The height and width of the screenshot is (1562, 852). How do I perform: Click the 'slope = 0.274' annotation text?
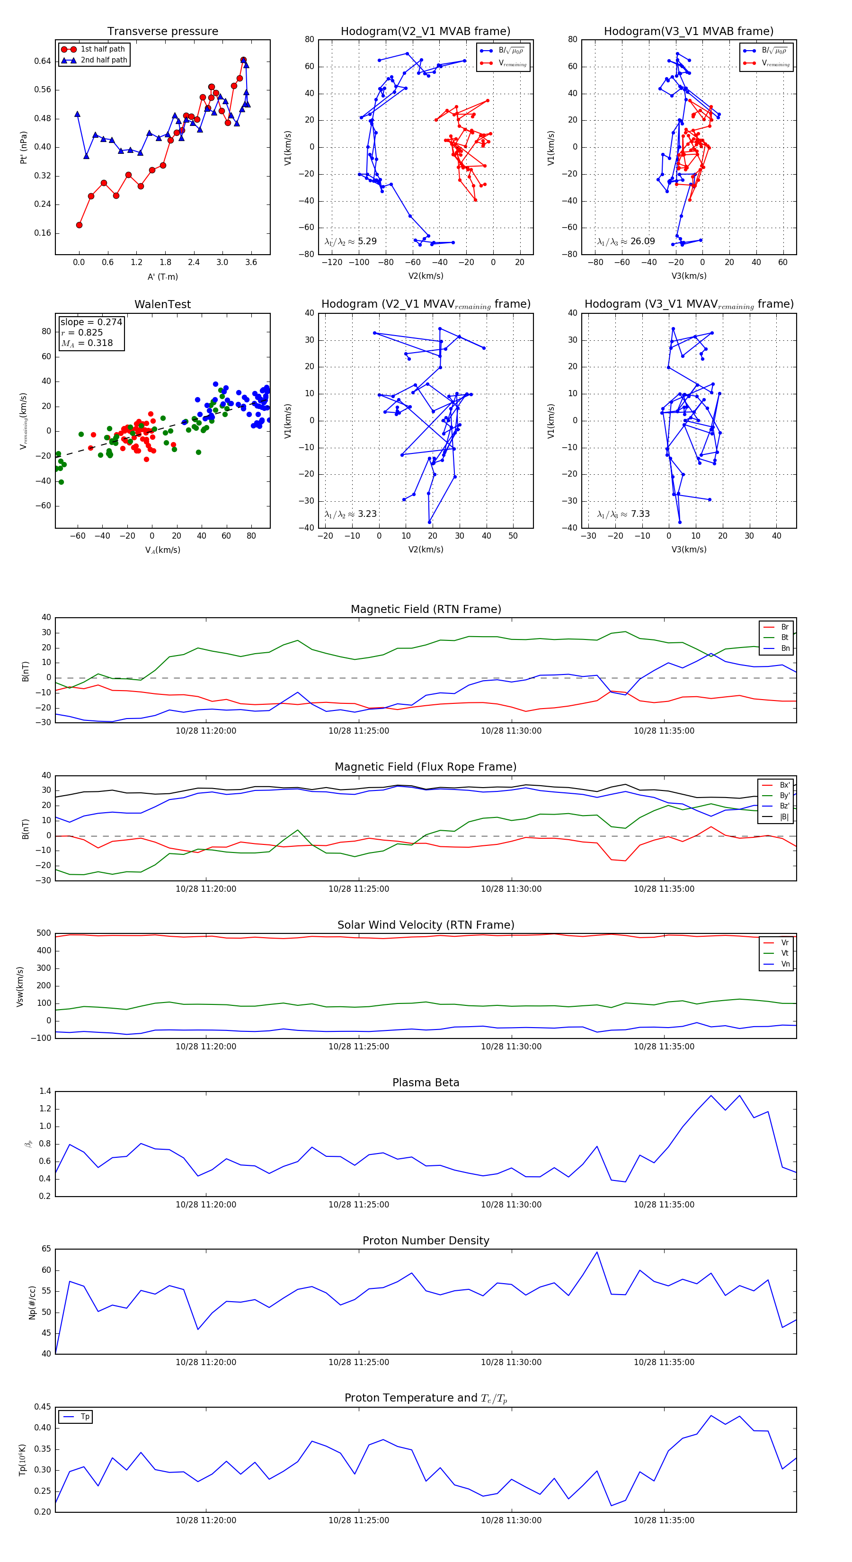(x=91, y=322)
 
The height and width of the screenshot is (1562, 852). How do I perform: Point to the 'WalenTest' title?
(x=162, y=304)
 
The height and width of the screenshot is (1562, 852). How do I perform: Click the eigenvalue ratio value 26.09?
(x=642, y=241)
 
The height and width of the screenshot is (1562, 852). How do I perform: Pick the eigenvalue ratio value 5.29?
(x=367, y=241)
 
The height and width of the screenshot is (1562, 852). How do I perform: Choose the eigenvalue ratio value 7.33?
(x=640, y=514)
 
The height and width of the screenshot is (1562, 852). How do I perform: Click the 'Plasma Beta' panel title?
(x=426, y=1083)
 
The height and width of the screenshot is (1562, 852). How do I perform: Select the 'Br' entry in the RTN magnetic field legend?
(x=785, y=627)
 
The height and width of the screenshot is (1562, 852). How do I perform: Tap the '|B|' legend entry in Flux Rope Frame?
(x=784, y=817)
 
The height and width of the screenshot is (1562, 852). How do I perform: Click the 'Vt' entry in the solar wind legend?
(x=785, y=953)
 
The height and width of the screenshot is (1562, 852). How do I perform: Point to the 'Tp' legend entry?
(x=85, y=1417)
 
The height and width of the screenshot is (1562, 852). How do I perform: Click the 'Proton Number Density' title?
(x=426, y=1240)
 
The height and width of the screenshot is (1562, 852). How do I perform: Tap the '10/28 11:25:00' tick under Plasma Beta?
(x=358, y=1204)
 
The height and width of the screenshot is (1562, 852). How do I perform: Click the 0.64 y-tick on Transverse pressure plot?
(x=43, y=61)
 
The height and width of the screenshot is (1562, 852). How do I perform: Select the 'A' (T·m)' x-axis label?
(x=162, y=277)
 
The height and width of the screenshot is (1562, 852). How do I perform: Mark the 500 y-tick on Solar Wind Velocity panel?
(x=44, y=933)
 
